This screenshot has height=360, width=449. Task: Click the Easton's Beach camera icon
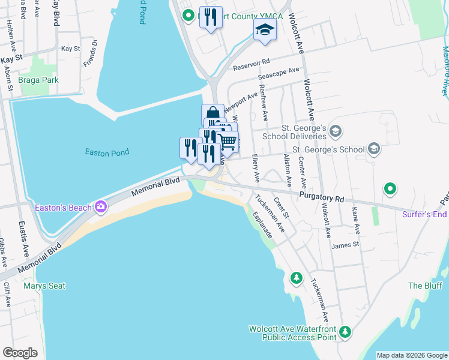[x=101, y=208]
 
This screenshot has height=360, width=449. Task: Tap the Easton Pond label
[x=107, y=152]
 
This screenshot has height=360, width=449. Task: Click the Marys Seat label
[x=44, y=286]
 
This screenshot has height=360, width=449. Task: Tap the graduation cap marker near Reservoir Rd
[x=265, y=29]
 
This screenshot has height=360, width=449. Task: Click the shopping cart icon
[x=227, y=142]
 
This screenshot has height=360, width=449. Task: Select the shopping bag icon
[x=212, y=113]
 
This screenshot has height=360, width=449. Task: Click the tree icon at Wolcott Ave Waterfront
[x=345, y=331]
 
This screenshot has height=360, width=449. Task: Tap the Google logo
[x=20, y=353]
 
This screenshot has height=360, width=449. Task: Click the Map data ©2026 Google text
[x=411, y=355]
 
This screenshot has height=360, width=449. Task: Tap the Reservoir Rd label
[x=253, y=61]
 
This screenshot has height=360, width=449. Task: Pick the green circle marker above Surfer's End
[x=390, y=190]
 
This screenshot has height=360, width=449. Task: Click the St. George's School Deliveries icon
[x=336, y=131]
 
